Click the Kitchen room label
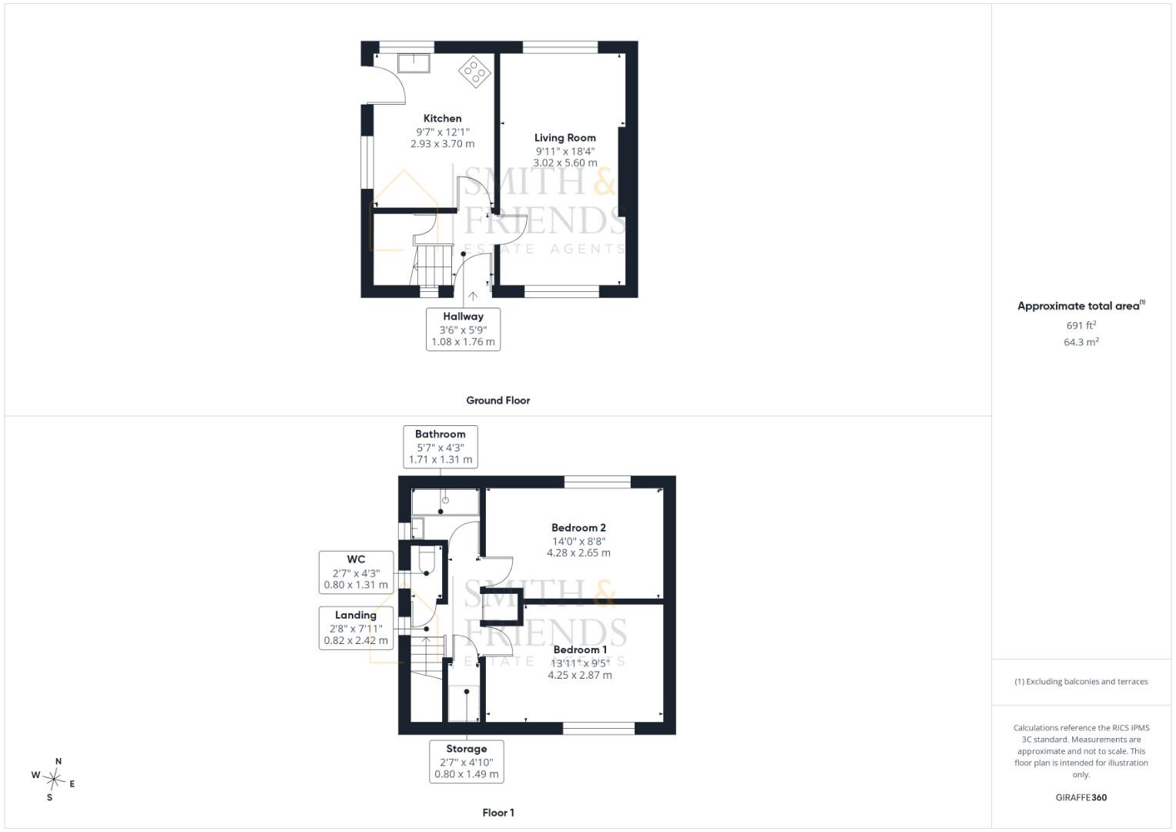pos(442,118)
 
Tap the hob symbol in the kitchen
pos(474,72)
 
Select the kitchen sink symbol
pos(414,63)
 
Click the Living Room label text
pos(565,138)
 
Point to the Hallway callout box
pos(463,330)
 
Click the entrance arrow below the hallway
pos(473,297)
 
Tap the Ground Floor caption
pos(498,401)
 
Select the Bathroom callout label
pos(440,434)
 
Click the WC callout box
pos(356,572)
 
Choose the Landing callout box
pos(356,628)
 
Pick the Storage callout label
pos(466,749)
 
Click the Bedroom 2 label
pos(578,528)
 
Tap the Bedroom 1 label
pos(580,649)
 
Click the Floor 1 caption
pos(498,813)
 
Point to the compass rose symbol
pos(54,780)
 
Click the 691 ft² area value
pos(1081,325)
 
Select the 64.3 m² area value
pos(1081,342)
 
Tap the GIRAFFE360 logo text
pos(1081,797)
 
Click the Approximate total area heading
pos(1081,306)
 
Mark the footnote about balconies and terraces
pos(1081,682)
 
